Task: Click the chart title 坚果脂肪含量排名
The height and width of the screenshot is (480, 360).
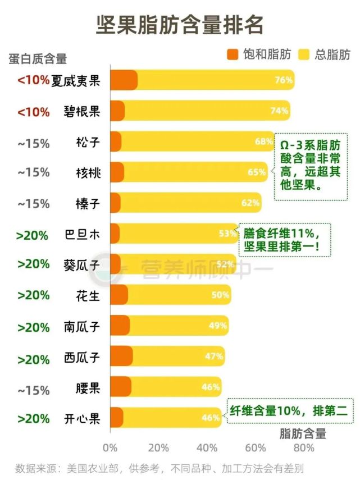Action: click(x=180, y=25)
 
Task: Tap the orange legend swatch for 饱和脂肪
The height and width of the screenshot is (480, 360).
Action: click(x=233, y=54)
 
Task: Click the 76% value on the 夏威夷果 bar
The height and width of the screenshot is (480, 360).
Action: click(x=284, y=80)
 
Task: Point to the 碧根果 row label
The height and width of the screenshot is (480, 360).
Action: click(x=82, y=111)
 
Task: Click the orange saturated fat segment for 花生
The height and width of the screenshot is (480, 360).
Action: click(x=119, y=295)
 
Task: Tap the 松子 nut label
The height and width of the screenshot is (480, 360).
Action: click(x=88, y=142)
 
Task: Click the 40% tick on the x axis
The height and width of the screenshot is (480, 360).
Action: click(x=207, y=448)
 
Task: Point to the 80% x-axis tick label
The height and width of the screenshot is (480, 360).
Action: click(x=304, y=448)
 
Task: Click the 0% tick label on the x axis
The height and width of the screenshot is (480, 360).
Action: click(x=110, y=448)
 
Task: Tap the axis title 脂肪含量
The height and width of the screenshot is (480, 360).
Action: click(x=303, y=433)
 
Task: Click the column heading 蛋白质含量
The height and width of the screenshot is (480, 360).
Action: click(x=38, y=58)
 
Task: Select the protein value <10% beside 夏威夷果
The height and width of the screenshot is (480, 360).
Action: click(x=33, y=80)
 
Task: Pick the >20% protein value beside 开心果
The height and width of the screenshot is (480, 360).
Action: click(x=33, y=419)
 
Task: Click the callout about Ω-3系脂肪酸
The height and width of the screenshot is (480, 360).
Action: click(x=311, y=166)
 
